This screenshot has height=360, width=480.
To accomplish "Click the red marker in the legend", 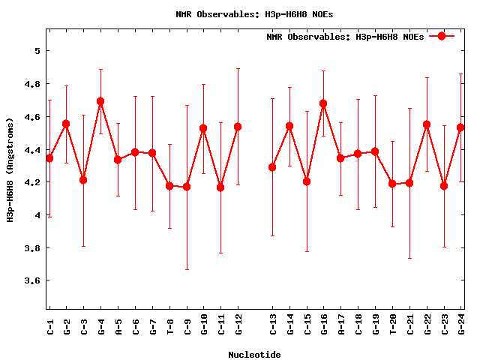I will (442, 36).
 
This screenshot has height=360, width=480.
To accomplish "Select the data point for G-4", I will (100, 101).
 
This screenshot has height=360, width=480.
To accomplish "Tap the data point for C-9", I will (187, 186).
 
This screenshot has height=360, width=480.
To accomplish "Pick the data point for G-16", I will (323, 103).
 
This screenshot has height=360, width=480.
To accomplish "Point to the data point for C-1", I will (49, 157).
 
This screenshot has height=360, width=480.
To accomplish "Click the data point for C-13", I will (272, 167).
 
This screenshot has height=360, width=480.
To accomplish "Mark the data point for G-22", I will (427, 124).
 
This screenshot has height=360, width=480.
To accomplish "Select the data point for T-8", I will (169, 185).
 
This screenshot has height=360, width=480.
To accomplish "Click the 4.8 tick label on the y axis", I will (32, 84).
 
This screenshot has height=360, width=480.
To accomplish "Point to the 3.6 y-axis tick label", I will (32, 280).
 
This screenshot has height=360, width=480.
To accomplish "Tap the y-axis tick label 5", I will (36, 51).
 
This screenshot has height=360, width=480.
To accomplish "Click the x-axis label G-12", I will (238, 326).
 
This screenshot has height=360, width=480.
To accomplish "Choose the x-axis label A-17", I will (341, 326).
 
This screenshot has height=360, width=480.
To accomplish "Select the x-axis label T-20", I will (393, 326).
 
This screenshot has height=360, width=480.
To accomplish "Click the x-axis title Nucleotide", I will (254, 355).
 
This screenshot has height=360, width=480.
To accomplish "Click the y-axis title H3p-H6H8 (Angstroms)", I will (10, 169).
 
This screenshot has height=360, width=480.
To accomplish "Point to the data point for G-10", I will (203, 128).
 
